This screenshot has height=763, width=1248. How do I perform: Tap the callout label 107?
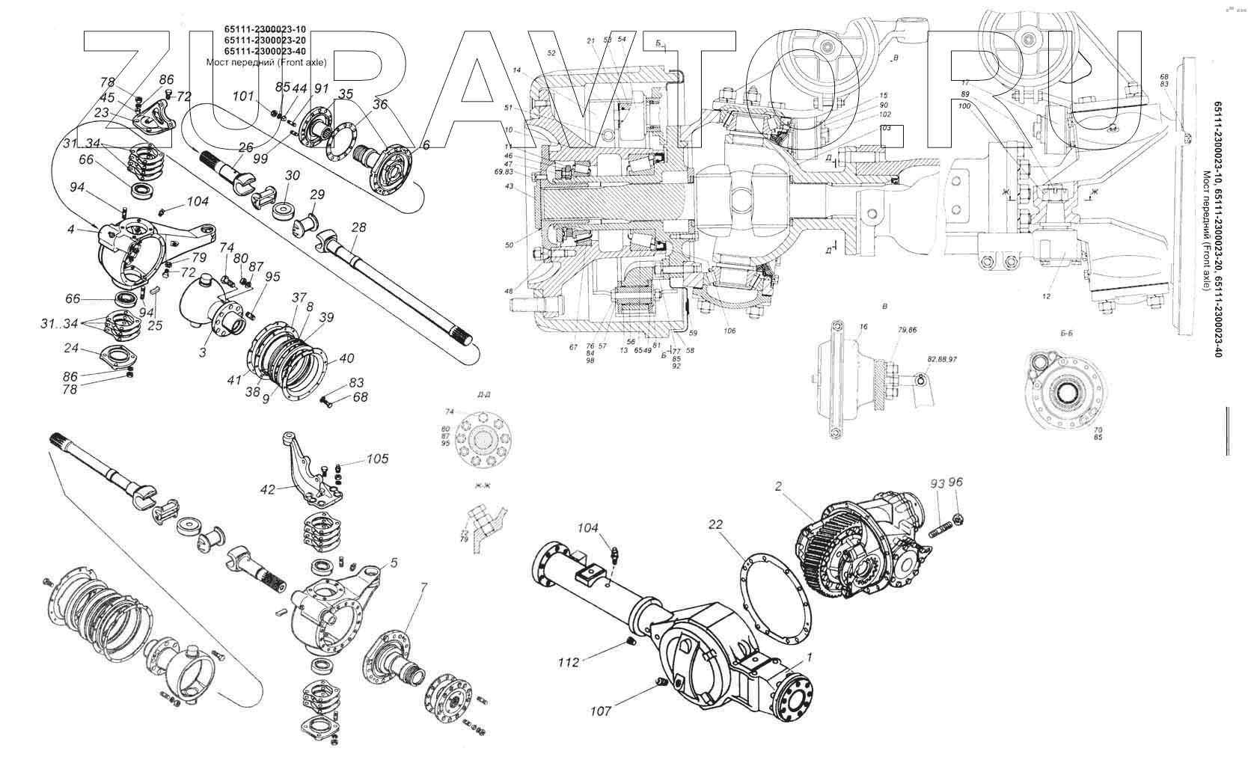pyautogui.click(x=600, y=711)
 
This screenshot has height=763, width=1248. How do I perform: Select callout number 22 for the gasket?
pyautogui.click(x=716, y=525)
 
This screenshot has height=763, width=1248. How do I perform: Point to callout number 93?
pyautogui.click(x=937, y=484)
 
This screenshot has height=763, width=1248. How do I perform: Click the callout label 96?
pyautogui.click(x=955, y=482)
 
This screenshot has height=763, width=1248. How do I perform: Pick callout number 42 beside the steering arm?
pyautogui.click(x=267, y=489)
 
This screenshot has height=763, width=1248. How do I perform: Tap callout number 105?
pyautogui.click(x=378, y=459)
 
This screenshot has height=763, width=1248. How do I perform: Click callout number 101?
pyautogui.click(x=243, y=96)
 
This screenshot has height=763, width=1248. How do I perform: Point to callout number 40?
pyautogui.click(x=346, y=358)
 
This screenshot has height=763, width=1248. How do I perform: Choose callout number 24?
pyautogui.click(x=71, y=348)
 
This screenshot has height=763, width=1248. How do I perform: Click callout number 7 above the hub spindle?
pyautogui.click(x=423, y=587)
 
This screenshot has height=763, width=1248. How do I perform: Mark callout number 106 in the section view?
pyautogui.click(x=729, y=331)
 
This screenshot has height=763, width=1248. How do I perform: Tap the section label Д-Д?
pyautogui.click(x=473, y=394)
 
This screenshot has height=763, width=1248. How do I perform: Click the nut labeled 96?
pyautogui.click(x=958, y=516)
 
